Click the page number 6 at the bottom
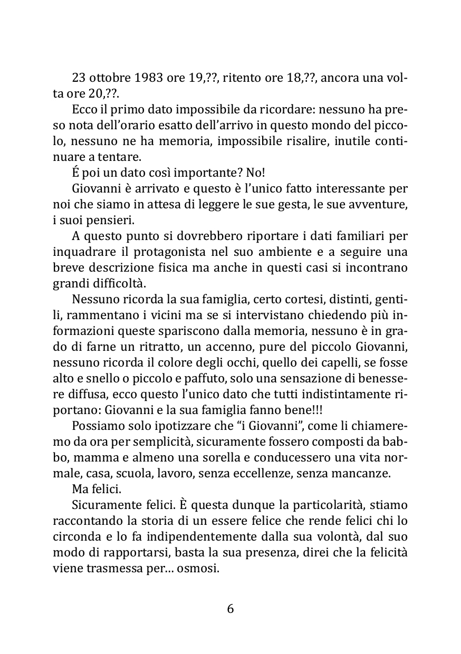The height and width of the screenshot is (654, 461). click(230, 609)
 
